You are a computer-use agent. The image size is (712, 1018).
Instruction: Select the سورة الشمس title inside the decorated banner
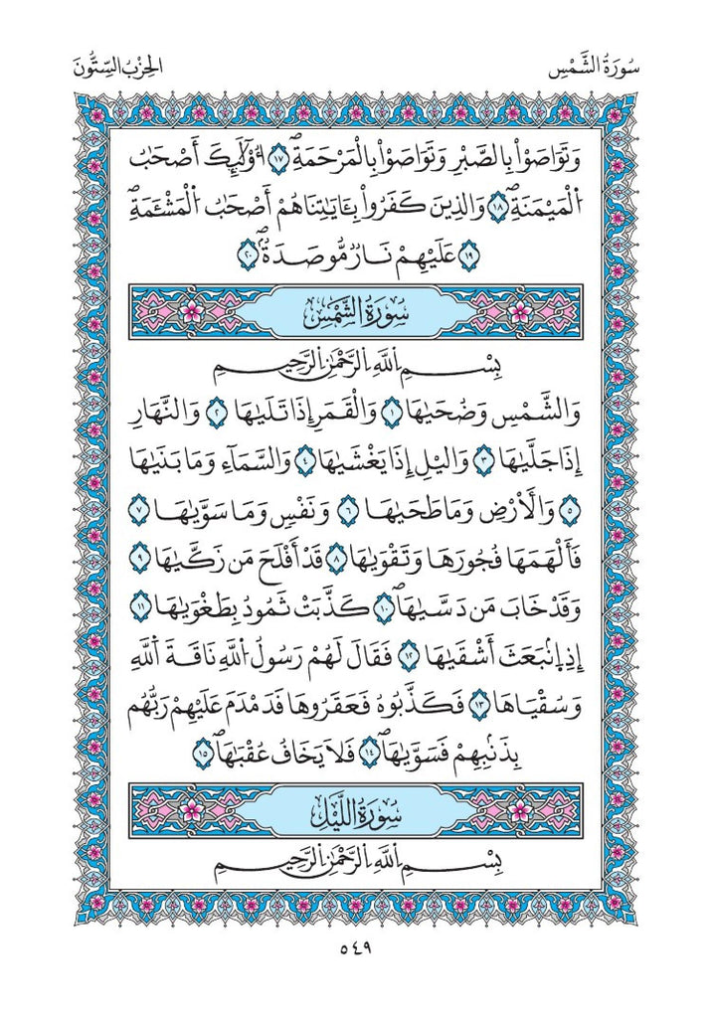coord(356,314)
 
